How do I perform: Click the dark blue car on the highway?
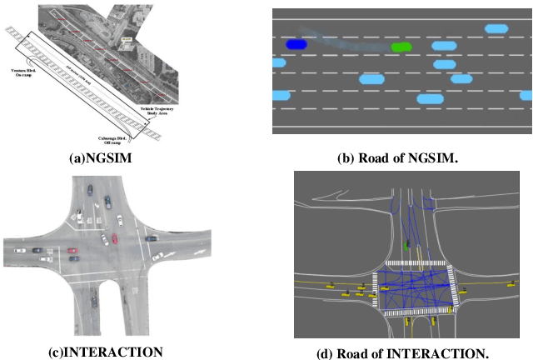tap(296, 44)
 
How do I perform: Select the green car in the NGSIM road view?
tap(401, 47)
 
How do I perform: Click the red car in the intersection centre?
tap(114, 239)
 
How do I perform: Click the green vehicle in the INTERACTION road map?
tap(406, 246)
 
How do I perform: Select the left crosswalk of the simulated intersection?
tap(376, 287)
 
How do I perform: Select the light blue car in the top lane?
tap(496, 29)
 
